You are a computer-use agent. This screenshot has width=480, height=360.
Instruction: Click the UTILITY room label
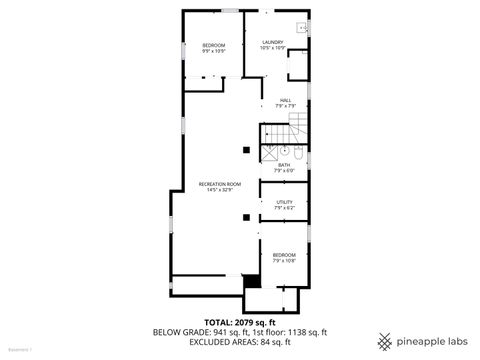tap(285, 204)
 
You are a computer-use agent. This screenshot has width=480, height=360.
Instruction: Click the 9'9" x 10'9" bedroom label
tap(214, 47)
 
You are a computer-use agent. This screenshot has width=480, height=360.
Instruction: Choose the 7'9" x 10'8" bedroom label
tap(285, 258)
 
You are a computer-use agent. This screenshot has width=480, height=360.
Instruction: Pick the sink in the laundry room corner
tap(301, 29)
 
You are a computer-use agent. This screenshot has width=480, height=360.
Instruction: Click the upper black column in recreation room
tap(245, 150)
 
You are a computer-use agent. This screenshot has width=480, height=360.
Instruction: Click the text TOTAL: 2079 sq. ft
tap(239, 322)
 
